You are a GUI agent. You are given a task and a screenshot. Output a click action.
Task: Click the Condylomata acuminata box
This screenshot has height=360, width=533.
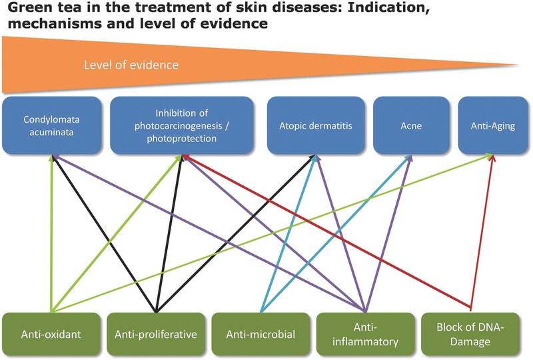click(52, 125)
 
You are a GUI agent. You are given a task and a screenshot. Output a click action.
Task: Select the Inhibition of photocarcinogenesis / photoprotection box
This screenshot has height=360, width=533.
click(181, 125)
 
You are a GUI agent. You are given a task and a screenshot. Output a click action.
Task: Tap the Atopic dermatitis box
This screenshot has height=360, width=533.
click(316, 125)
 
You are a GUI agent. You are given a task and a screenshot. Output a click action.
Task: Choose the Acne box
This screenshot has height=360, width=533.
click(411, 125)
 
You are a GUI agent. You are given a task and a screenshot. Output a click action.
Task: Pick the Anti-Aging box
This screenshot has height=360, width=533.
click(493, 125)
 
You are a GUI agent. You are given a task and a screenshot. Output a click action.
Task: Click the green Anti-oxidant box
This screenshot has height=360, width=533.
click(51, 334)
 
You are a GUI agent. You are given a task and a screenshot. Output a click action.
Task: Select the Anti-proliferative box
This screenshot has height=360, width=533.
click(156, 334)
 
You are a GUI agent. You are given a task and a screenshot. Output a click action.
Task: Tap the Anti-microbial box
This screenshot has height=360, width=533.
click(261, 334)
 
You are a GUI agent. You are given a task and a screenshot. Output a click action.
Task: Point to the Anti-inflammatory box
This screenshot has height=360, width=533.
click(365, 334)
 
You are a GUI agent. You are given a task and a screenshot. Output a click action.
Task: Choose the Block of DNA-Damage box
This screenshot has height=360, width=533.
click(470, 334)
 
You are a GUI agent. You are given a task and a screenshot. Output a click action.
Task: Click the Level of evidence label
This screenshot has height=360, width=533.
click(131, 65)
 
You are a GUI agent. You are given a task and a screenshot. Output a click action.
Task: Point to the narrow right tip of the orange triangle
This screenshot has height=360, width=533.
click(518, 64)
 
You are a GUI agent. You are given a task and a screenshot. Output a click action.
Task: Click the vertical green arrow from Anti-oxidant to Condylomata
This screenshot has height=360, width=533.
click(52, 233)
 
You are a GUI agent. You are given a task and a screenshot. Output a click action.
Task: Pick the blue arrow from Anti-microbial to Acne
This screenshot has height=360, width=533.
click(336, 233)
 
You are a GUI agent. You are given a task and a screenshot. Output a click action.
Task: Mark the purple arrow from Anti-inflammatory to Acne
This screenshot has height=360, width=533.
click(388, 233)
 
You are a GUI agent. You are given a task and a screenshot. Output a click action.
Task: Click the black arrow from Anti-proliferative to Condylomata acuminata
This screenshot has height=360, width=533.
click(104, 233)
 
